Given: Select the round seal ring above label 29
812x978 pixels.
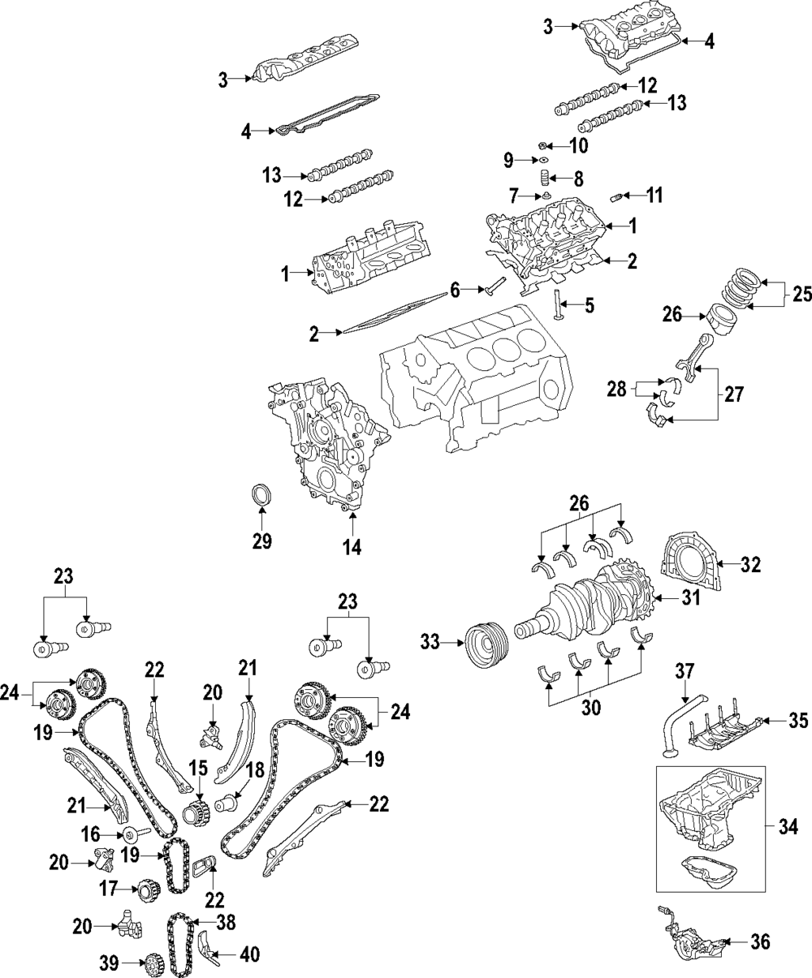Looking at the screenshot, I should tap(261, 494).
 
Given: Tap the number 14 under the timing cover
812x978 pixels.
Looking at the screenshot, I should tap(351, 548).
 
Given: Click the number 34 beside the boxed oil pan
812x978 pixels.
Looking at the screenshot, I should tap(788, 828).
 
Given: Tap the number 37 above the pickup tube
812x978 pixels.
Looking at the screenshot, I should tap(687, 671).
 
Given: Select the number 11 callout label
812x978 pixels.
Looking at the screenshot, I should tap(655, 196).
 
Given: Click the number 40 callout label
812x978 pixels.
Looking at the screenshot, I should tap(248, 954).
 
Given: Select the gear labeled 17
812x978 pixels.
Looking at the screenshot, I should tap(148, 890).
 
